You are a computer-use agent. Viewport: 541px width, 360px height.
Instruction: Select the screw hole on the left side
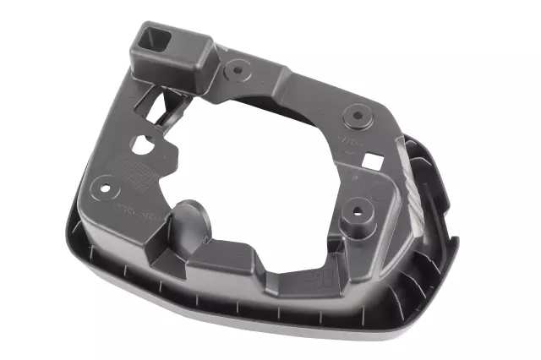click(x=106, y=181)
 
